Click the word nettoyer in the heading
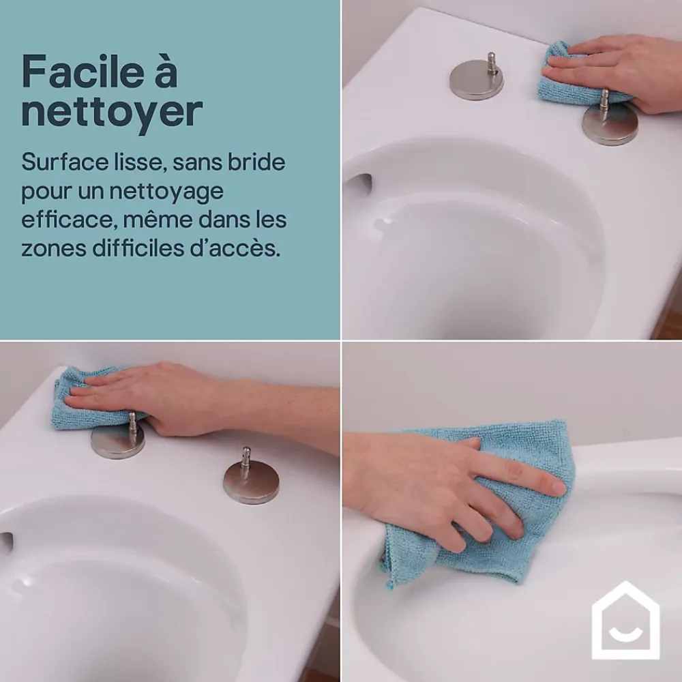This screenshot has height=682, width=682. point(113,111)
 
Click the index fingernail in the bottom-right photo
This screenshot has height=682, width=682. point(558,486)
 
